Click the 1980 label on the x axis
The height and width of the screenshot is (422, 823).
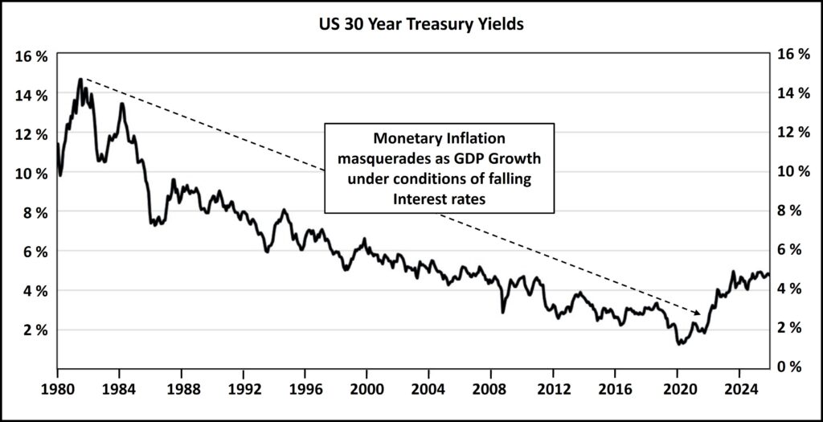click(58, 395)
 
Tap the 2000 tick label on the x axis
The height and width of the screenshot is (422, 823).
click(366, 395)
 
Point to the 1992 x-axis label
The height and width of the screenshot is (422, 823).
click(244, 395)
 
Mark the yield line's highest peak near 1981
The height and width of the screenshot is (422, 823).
click(80, 79)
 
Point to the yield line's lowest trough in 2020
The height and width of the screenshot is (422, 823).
click(679, 343)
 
